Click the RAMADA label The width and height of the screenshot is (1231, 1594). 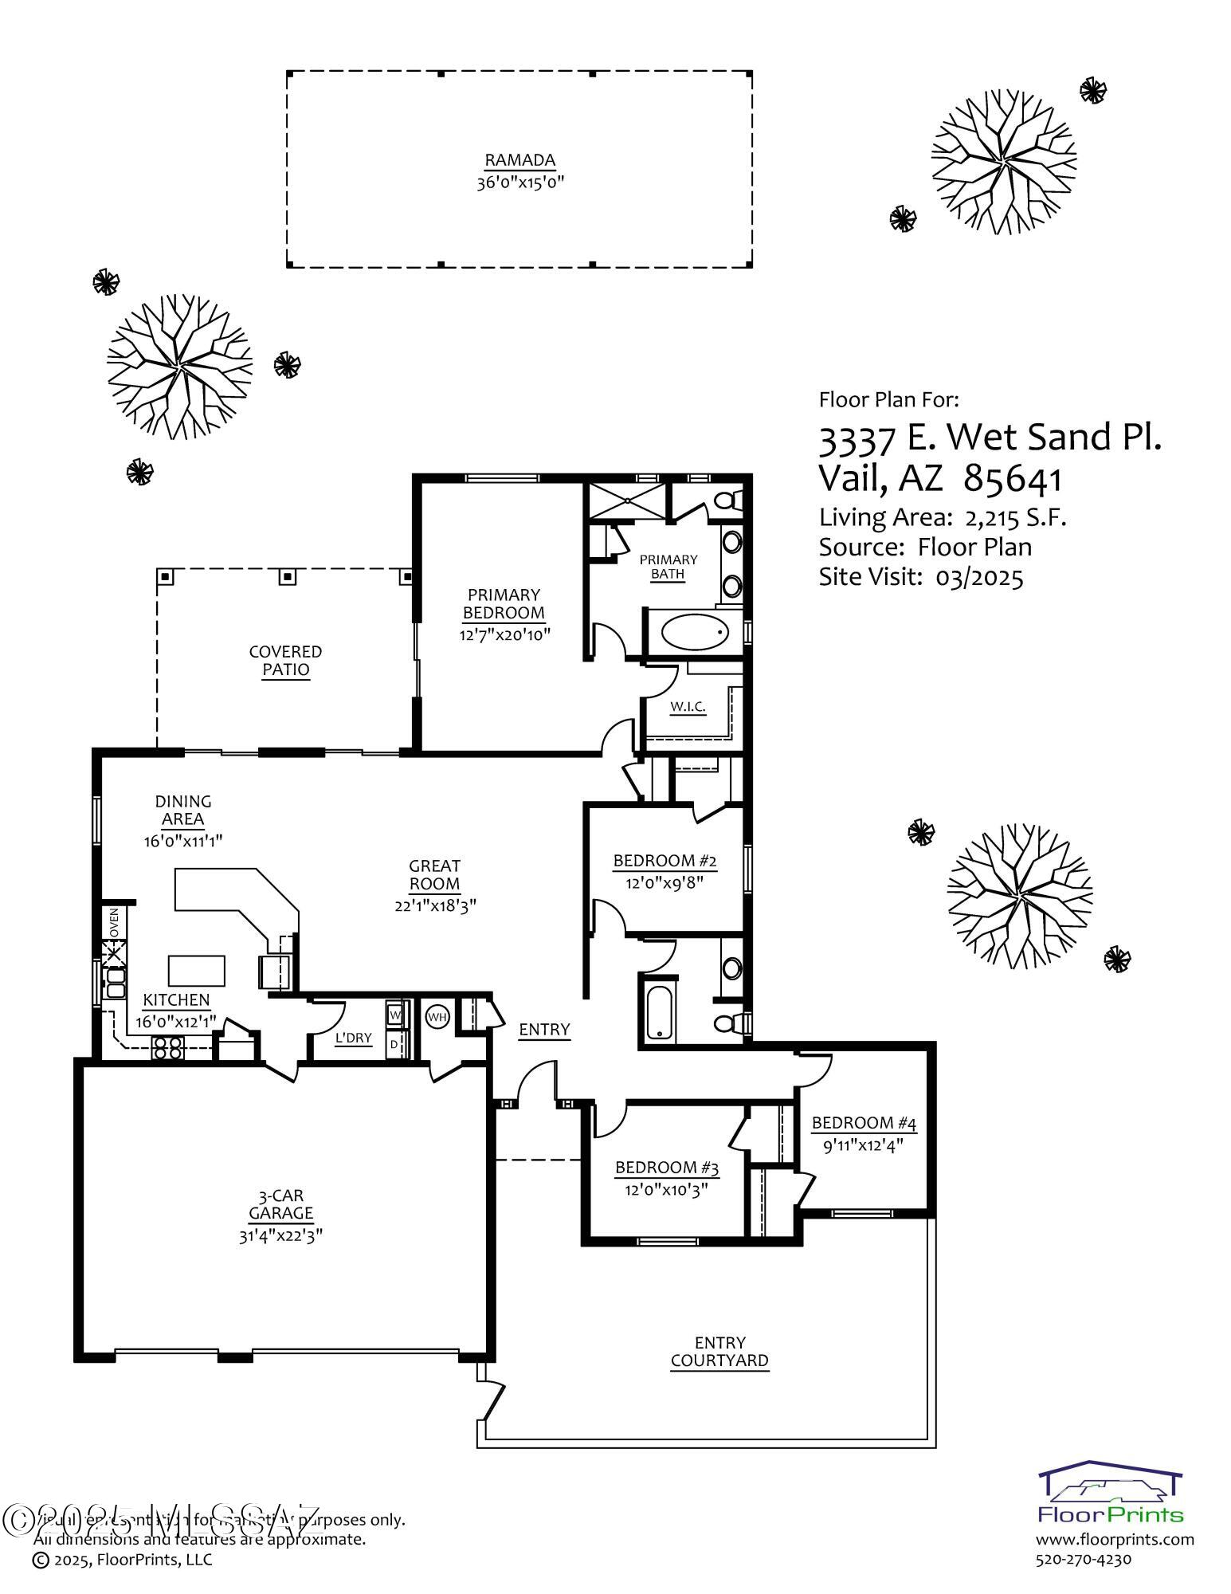(x=519, y=160)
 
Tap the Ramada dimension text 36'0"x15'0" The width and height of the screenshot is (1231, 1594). (x=519, y=183)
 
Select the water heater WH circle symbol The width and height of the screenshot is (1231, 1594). (x=437, y=1016)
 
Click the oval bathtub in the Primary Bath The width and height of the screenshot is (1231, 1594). (x=696, y=632)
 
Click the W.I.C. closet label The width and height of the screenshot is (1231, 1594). (x=688, y=706)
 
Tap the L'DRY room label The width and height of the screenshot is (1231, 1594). (x=353, y=1038)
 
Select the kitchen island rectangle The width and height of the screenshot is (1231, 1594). (x=196, y=971)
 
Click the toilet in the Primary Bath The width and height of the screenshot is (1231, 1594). (x=727, y=501)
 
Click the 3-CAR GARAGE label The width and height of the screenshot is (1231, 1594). (x=280, y=1204)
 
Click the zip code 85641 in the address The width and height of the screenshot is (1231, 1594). (x=1013, y=479)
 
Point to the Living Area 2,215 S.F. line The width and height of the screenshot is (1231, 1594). (x=942, y=518)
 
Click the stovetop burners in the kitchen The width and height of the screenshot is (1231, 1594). (x=168, y=1048)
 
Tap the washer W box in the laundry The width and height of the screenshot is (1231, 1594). (x=395, y=1015)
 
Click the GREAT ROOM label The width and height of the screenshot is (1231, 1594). (x=434, y=874)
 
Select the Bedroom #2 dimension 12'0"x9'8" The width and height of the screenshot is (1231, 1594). (x=665, y=882)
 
